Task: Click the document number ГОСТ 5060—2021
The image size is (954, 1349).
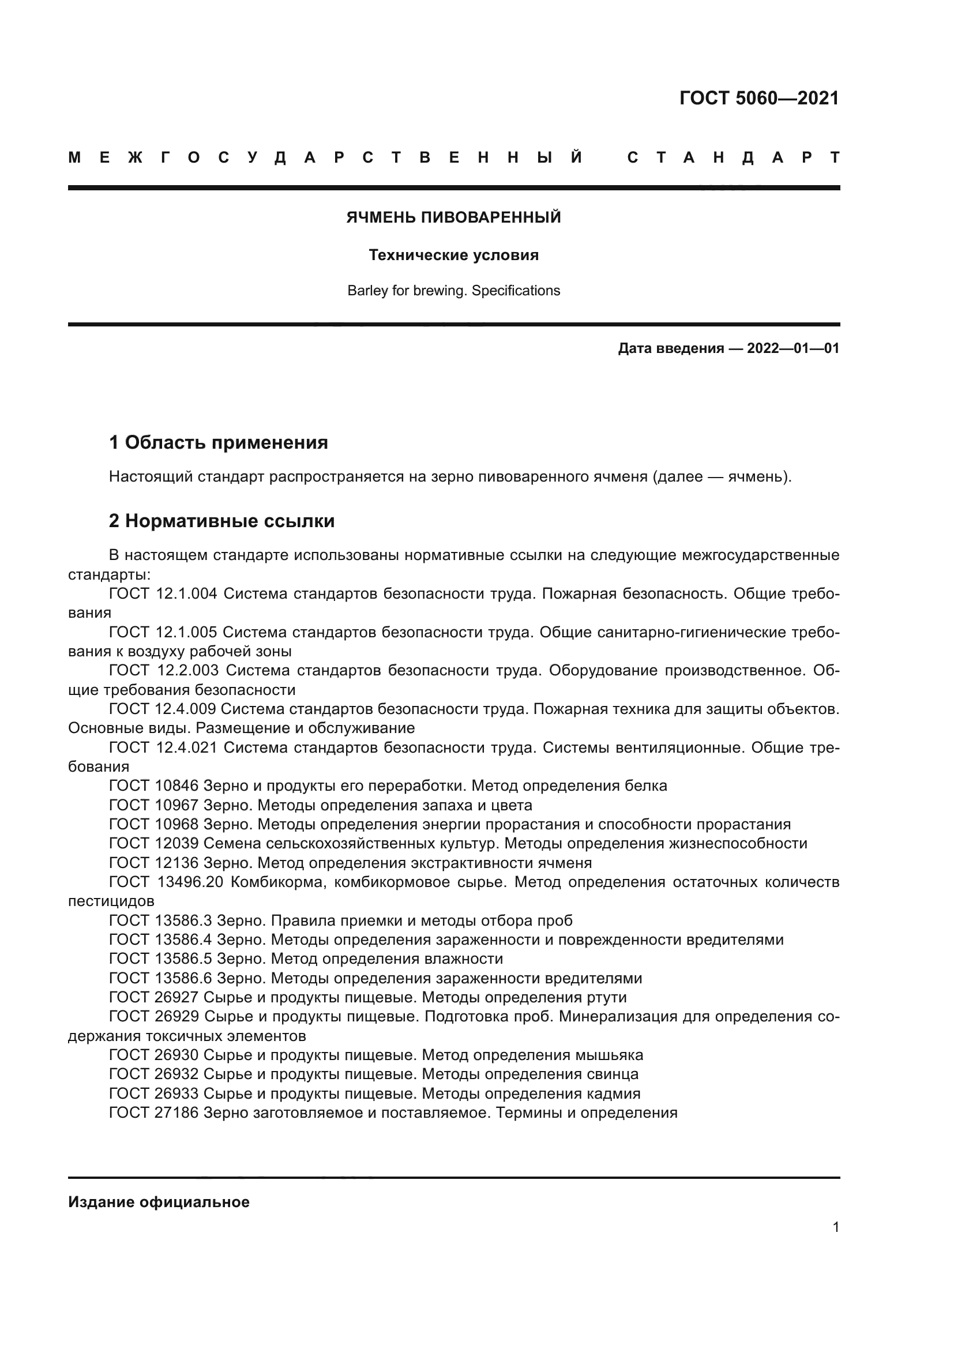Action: pos(759,98)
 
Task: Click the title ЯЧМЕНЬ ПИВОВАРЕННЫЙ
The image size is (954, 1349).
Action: pos(453,217)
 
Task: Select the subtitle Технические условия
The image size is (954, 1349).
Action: pos(453,255)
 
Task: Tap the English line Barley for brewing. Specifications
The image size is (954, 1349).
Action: pos(453,290)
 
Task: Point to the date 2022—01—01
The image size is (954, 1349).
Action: pos(793,348)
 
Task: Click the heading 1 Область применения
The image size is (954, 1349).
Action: pos(219,442)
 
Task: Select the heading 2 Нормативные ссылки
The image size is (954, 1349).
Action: pos(221,521)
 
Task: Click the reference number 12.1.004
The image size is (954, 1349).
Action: pos(186,593)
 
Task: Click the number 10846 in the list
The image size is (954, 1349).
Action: pos(178,786)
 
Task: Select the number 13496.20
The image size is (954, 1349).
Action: pos(190,882)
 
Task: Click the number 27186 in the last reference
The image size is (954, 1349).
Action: pos(178,1112)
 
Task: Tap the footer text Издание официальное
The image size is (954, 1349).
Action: pos(159,1202)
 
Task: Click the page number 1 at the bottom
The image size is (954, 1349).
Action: pos(836,1227)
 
